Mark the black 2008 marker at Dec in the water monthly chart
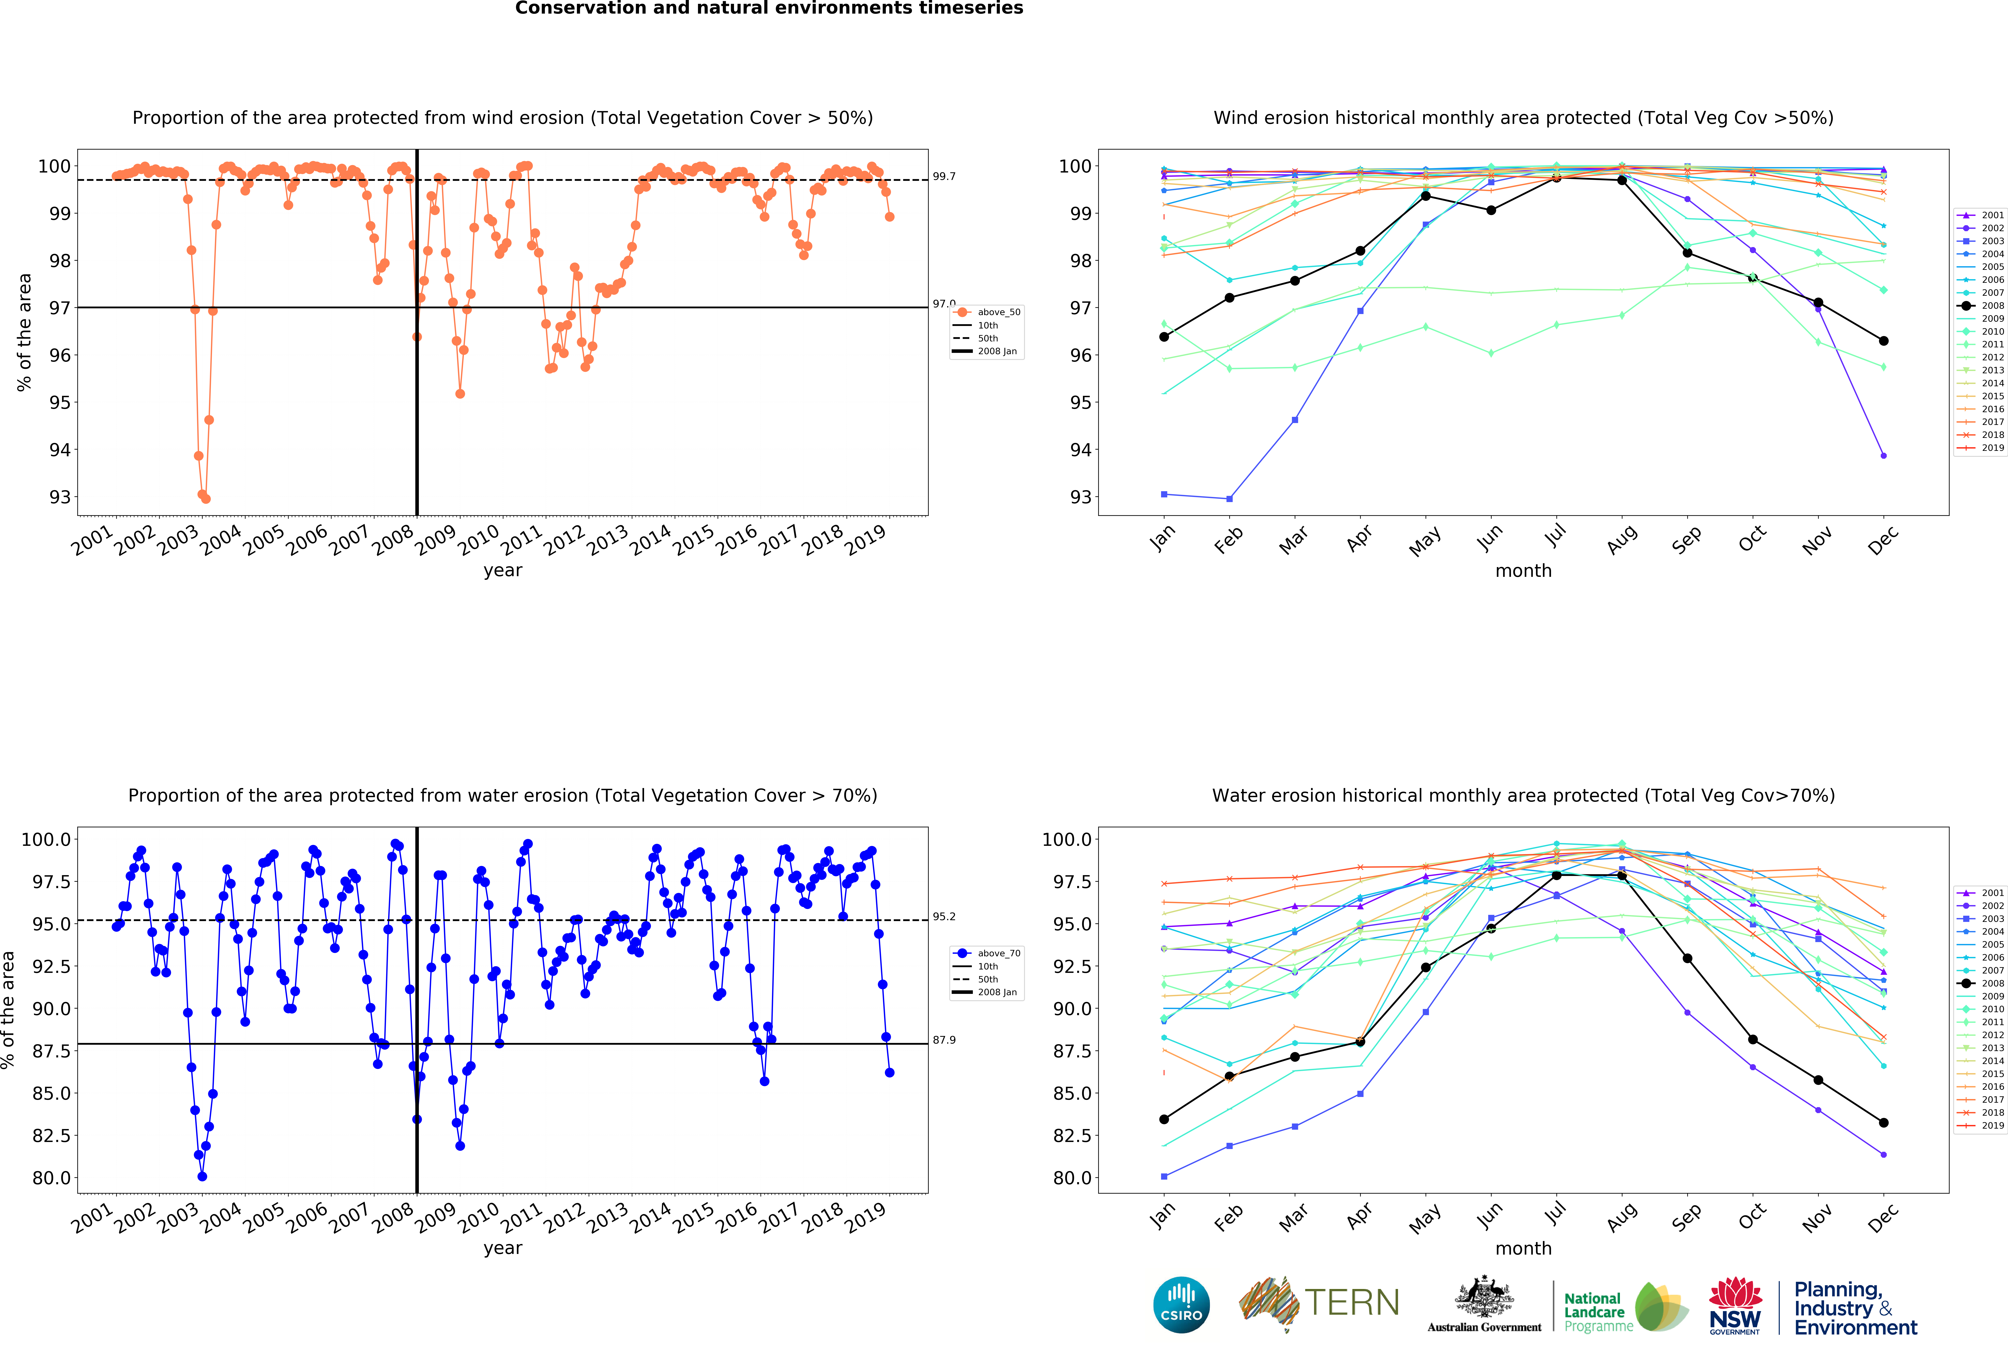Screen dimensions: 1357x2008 tap(1884, 1123)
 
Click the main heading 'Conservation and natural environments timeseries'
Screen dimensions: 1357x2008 tap(769, 9)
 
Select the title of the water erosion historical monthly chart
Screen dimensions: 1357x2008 tap(1523, 795)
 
